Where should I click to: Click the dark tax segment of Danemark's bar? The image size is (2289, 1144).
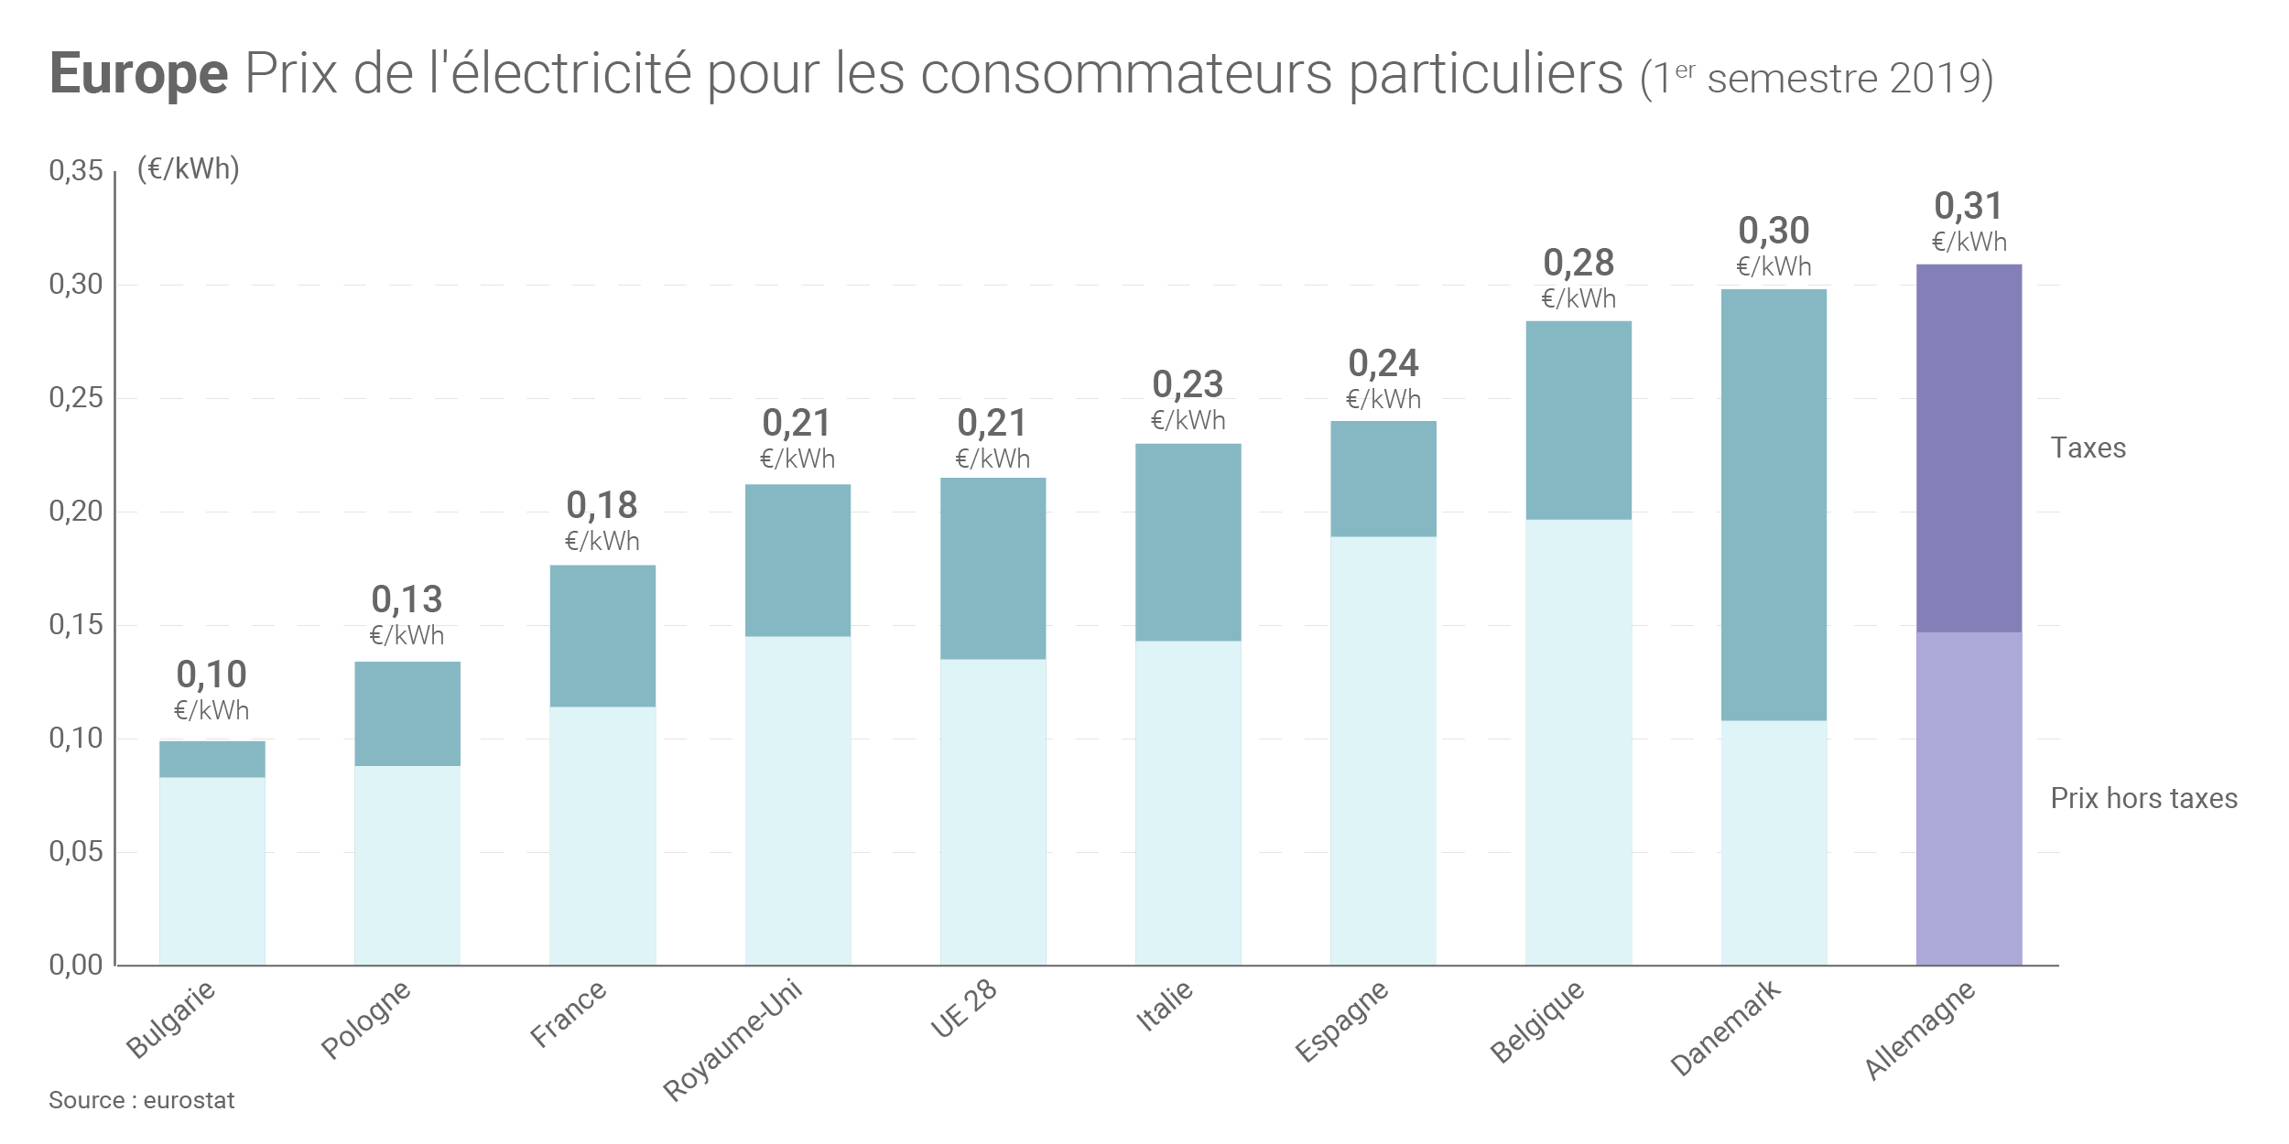tap(1774, 504)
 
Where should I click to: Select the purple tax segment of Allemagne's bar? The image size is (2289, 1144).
tap(1969, 448)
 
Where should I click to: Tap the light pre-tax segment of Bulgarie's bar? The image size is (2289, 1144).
tap(212, 870)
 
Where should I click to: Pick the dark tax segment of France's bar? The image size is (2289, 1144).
tap(602, 635)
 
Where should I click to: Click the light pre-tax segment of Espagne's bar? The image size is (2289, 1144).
tap(1383, 750)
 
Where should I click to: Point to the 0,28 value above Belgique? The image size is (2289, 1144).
tap(1578, 264)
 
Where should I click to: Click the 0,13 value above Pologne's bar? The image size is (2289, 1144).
tap(407, 600)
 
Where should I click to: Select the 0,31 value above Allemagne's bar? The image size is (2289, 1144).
tap(1969, 207)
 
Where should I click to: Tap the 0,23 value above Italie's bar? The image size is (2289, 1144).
tap(1188, 385)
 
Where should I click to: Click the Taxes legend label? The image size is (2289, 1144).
tap(2088, 448)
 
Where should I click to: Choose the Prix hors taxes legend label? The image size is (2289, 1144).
tap(2143, 798)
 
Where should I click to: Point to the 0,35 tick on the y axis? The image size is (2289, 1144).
tap(76, 170)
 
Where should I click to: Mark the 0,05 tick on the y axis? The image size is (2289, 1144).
tap(76, 851)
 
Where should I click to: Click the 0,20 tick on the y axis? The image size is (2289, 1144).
tap(76, 511)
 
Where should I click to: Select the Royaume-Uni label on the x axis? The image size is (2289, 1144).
tap(732, 1040)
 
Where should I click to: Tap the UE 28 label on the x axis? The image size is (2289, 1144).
tap(963, 1009)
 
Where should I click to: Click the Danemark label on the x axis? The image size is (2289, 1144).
tap(1725, 1027)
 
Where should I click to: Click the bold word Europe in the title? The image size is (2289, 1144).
tap(138, 73)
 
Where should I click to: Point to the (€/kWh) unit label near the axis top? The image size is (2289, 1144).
tap(189, 169)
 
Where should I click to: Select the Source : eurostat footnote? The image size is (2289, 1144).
tap(141, 1100)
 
